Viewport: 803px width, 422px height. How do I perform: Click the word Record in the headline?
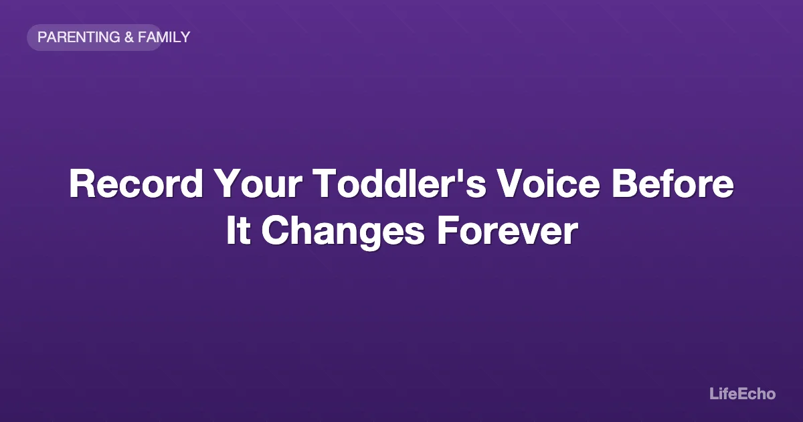coord(135,184)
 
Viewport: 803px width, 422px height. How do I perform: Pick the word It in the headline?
coord(238,231)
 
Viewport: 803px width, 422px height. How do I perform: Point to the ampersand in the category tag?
coord(129,38)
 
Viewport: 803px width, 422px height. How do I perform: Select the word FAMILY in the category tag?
coord(164,38)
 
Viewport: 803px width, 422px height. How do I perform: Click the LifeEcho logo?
coord(742,394)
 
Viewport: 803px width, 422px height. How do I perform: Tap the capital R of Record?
coord(82,184)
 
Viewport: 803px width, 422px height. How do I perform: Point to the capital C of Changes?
coord(274,231)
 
